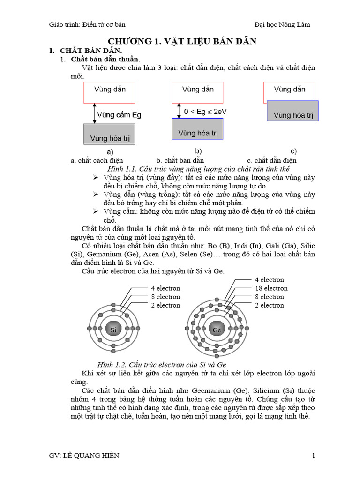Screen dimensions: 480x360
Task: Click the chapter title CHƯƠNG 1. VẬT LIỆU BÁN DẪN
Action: tap(182, 41)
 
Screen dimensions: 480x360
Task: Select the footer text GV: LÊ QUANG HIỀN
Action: tap(84, 456)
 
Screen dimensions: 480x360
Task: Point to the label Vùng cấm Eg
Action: tap(119, 114)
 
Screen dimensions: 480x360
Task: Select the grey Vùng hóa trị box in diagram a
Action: tap(109, 135)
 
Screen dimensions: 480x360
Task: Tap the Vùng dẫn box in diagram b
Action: tap(197, 93)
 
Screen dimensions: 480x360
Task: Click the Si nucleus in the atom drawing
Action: tap(113, 330)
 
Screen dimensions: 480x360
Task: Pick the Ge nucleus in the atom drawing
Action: tap(217, 330)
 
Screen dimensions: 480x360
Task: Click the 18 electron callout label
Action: tap(271, 288)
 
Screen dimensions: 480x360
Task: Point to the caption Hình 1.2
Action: tap(162, 364)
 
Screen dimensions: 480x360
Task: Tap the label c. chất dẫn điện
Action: tap(272, 160)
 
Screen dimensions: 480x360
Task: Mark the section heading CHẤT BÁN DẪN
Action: tap(97, 51)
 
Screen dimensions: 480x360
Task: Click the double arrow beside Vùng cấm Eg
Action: tap(95, 113)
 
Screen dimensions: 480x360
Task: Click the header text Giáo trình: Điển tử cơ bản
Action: tap(88, 24)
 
